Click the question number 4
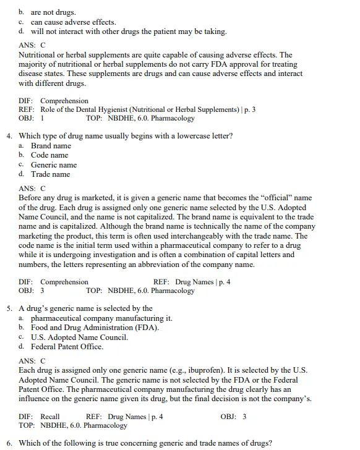pyautogui.click(x=9, y=136)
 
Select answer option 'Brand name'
pyautogui.click(x=51, y=146)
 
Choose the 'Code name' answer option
pyautogui.click(x=49, y=155)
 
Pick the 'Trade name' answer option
pyautogui.click(x=50, y=174)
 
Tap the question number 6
pyautogui.click(x=9, y=443)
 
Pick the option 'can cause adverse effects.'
pyautogui.click(x=73, y=22)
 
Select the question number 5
pyautogui.click(x=9, y=308)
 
